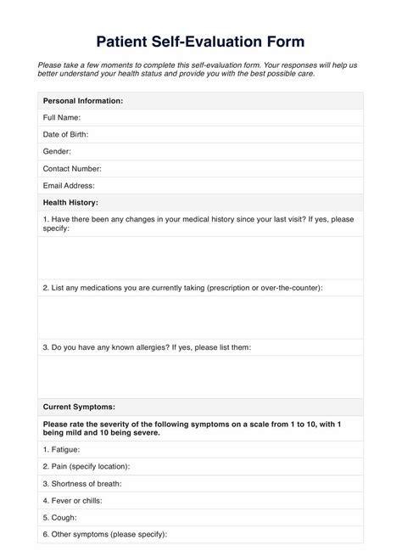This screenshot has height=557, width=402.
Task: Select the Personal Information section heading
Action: point(83,101)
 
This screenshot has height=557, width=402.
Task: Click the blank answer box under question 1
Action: point(201,258)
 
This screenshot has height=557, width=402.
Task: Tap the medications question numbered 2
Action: point(182,288)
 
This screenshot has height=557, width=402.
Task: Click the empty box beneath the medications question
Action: point(201,318)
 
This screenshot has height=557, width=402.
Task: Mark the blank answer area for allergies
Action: point(201,376)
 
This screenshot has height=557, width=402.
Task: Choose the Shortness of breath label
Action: point(82,483)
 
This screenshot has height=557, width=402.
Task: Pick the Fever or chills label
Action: point(75,500)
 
